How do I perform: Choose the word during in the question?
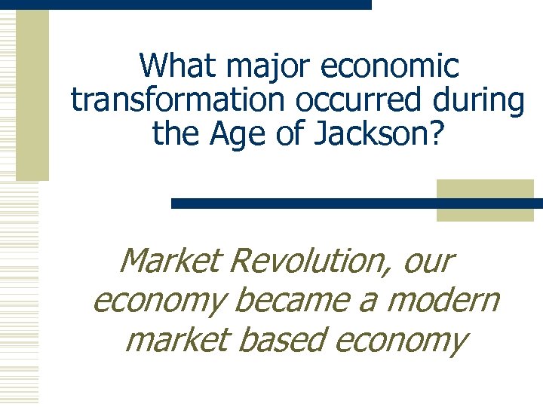click(474, 100)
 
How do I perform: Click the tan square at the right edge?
click(485, 200)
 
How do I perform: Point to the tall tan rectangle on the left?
click(32, 94)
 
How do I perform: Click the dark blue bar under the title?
click(302, 203)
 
